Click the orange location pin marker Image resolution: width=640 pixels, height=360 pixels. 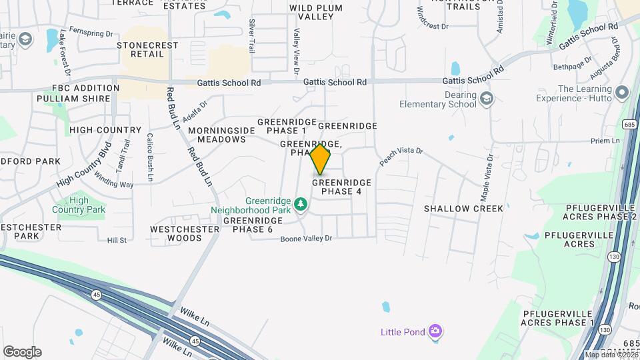coord(320,159)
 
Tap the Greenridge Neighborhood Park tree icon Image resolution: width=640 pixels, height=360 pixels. coord(301,203)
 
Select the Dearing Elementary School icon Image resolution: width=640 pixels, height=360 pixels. coord(487,99)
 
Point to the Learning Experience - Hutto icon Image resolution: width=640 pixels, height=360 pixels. coord(623,93)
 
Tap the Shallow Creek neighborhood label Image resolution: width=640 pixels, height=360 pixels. coord(464,209)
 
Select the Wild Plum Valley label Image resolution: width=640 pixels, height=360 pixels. coord(315,13)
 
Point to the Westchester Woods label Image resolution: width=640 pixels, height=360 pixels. coord(185,233)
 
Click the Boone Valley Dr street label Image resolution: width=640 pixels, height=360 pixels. coord(305,238)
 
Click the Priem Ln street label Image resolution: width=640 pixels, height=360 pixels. coord(605,141)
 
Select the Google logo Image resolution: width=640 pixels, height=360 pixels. coord(22,352)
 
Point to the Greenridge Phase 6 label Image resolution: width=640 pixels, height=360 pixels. coord(248,225)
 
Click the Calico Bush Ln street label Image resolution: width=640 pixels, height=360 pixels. coord(150,157)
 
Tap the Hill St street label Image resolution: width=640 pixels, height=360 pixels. coord(117,240)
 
